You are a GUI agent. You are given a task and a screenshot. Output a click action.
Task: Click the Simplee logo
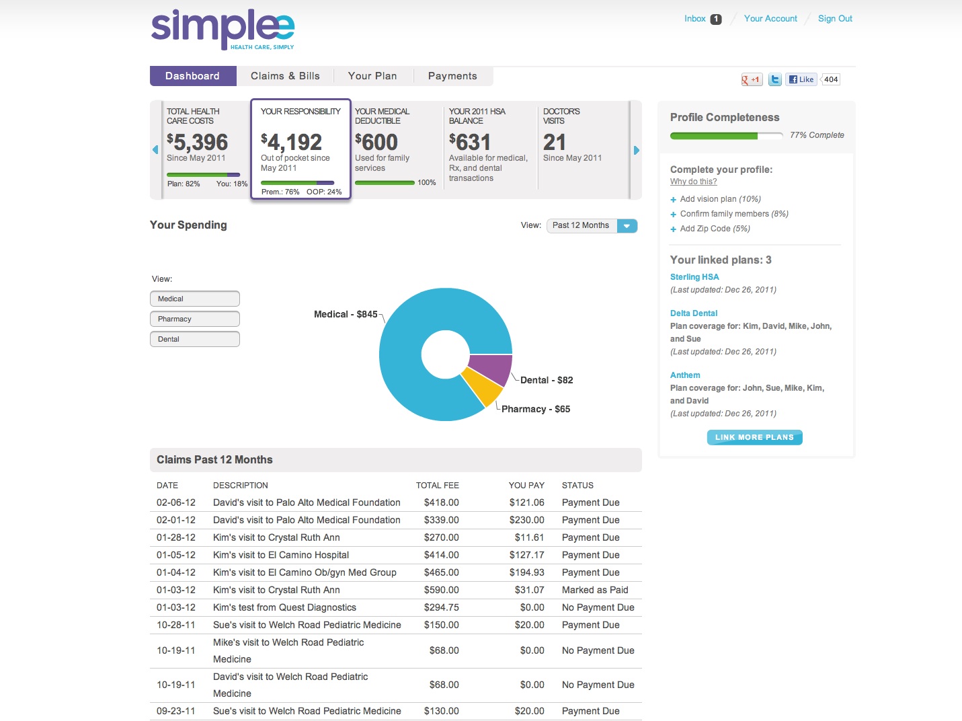tap(223, 30)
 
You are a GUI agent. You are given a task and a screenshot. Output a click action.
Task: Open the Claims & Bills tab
tap(285, 76)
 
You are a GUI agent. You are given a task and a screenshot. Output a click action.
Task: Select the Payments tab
tap(452, 76)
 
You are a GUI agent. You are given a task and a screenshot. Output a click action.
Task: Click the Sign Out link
tap(835, 19)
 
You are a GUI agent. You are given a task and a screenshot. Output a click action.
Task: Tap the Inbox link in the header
tap(695, 19)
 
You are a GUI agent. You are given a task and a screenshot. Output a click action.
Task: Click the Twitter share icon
tap(775, 79)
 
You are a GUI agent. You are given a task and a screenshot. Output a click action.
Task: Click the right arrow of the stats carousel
tap(636, 151)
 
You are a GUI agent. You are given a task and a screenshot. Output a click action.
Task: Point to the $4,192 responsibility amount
tap(292, 142)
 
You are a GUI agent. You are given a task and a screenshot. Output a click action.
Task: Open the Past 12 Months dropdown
tap(592, 226)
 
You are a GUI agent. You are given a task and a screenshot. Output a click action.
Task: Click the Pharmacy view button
tap(195, 319)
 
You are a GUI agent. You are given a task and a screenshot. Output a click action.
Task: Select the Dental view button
tap(195, 339)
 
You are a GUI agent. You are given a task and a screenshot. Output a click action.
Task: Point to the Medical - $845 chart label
tap(346, 314)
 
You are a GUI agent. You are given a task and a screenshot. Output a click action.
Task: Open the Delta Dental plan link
tap(694, 313)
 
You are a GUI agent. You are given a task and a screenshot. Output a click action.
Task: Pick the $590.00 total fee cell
tap(441, 590)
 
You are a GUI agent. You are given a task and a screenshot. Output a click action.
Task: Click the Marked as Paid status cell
tap(595, 590)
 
